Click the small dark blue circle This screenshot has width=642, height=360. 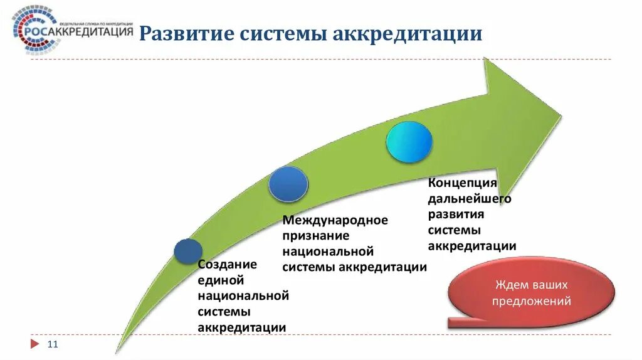(x=187, y=251)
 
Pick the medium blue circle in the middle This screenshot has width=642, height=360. (x=288, y=184)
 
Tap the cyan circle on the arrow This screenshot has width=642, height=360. (x=409, y=142)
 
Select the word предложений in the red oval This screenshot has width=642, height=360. (x=531, y=301)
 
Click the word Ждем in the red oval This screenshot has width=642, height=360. (x=508, y=284)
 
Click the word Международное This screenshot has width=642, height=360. (x=335, y=221)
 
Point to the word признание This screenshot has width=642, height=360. (x=315, y=236)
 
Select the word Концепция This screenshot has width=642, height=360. (x=462, y=183)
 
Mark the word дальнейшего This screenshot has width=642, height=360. (x=470, y=199)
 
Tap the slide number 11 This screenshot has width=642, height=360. (x=53, y=344)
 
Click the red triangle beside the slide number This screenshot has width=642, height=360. (x=34, y=344)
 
